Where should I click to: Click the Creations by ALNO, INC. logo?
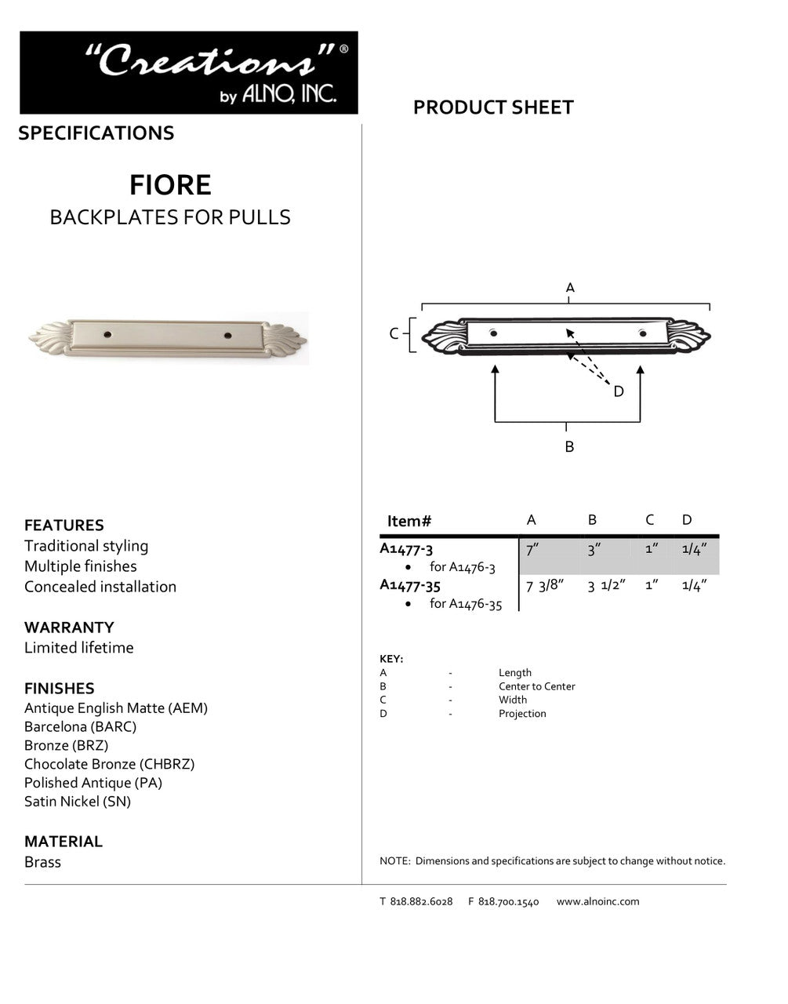click(188, 73)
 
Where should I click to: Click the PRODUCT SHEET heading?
click(493, 107)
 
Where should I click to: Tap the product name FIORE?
click(170, 185)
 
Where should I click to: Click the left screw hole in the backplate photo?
click(108, 335)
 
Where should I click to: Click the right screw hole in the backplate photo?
click(227, 336)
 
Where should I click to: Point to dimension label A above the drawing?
click(570, 288)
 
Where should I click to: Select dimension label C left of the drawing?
click(394, 334)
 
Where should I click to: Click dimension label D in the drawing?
click(619, 391)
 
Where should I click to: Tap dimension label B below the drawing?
click(569, 447)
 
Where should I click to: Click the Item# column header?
click(409, 521)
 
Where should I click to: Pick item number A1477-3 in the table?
click(406, 549)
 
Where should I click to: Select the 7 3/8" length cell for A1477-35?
click(545, 585)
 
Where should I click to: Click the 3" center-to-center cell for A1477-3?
click(594, 549)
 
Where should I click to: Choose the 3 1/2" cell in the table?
click(606, 585)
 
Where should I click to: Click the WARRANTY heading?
click(69, 627)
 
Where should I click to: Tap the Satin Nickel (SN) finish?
click(78, 802)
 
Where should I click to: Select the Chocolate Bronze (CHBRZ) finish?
click(109, 764)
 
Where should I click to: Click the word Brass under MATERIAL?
click(42, 862)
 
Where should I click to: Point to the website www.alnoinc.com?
click(597, 902)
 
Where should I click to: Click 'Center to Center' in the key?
click(536, 686)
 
